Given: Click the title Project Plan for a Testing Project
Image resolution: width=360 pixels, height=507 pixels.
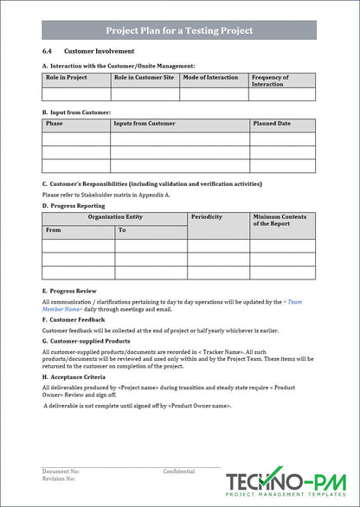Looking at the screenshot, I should pyautogui.click(x=179, y=30).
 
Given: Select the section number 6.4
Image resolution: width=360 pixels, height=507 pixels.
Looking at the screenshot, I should pyautogui.click(x=47, y=52).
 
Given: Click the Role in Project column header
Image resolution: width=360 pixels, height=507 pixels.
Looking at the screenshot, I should pyautogui.click(x=66, y=78).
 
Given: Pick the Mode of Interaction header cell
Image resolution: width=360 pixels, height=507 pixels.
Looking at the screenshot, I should pyautogui.click(x=210, y=78).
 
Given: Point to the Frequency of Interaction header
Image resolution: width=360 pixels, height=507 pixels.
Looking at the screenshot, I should pyautogui.click(x=270, y=80).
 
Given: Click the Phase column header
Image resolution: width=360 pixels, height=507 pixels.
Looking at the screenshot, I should pyautogui.click(x=54, y=124).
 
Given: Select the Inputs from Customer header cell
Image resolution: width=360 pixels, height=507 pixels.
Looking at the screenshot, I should pyautogui.click(x=145, y=124).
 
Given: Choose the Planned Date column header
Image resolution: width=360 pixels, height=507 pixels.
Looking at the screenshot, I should pyautogui.click(x=272, y=124).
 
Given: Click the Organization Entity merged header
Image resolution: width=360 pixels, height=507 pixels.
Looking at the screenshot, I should pyautogui.click(x=115, y=216).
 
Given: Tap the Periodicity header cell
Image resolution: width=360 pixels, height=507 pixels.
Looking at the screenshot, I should pyautogui.click(x=207, y=216).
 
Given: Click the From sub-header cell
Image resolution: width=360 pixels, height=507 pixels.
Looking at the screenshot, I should pyautogui.click(x=54, y=230).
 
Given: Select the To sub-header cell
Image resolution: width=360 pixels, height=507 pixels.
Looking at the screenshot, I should pyautogui.click(x=122, y=230).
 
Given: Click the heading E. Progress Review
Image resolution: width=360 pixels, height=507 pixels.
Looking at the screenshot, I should pyautogui.click(x=69, y=291).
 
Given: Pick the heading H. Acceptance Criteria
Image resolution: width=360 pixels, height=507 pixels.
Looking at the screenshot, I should pyautogui.click(x=74, y=377).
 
